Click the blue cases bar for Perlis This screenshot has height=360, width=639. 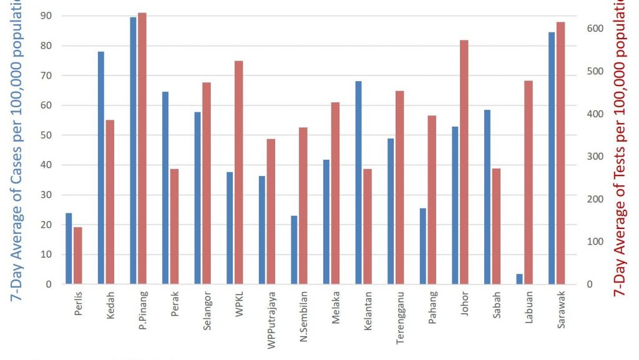(x=69, y=249)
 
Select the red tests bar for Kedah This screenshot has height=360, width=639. (x=110, y=202)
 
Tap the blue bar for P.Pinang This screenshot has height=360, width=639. (x=133, y=150)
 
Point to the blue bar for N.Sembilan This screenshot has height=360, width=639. (x=294, y=250)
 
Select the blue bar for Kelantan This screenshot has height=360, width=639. (x=358, y=183)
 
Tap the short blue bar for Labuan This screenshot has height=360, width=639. (x=519, y=279)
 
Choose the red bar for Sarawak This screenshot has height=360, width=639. (x=560, y=153)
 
